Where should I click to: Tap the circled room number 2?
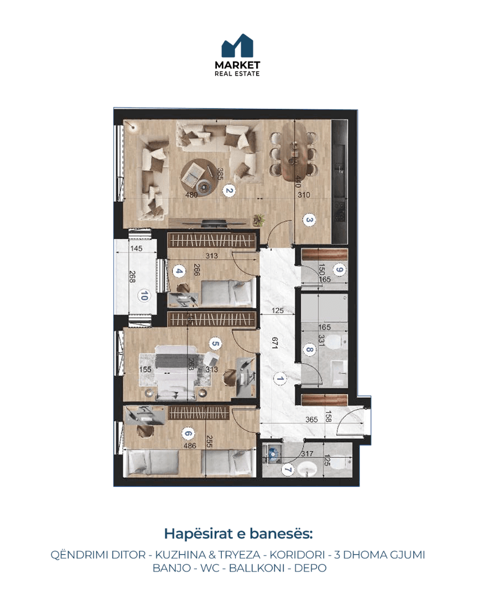228,190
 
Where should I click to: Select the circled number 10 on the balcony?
144,295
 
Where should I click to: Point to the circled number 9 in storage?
339,270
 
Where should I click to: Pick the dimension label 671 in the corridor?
275,342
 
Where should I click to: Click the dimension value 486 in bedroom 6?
190,446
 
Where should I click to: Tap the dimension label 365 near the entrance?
311,419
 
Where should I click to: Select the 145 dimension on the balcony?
136,248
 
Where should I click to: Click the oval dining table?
295,151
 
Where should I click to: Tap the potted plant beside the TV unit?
258,219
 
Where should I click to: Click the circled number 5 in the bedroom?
215,344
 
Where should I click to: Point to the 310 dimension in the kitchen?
304,195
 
